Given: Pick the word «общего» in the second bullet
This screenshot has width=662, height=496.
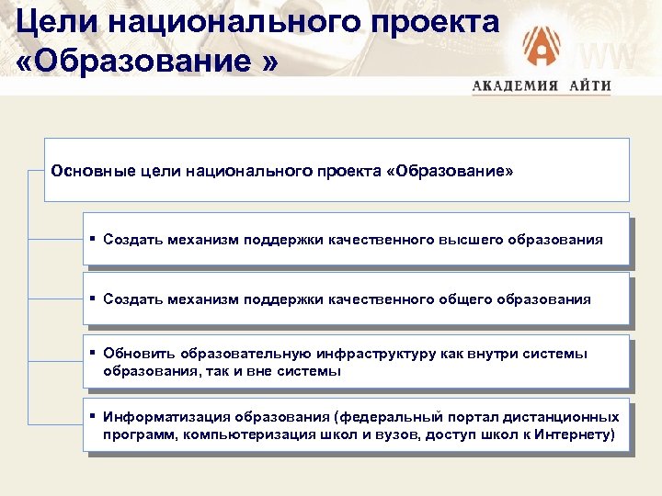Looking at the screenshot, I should click(462, 299).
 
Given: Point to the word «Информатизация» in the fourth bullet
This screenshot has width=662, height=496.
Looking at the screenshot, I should click(165, 416).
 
